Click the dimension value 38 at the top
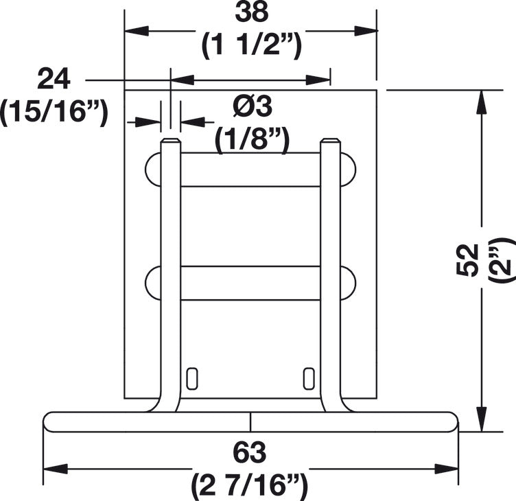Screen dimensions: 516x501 252,13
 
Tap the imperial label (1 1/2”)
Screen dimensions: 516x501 251,47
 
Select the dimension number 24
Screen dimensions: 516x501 54,80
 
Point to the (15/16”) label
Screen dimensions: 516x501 54,112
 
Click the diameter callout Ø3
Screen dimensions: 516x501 253,107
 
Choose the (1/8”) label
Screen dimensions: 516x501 252,139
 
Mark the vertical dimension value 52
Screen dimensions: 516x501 467,260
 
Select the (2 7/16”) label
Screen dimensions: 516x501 250,485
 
